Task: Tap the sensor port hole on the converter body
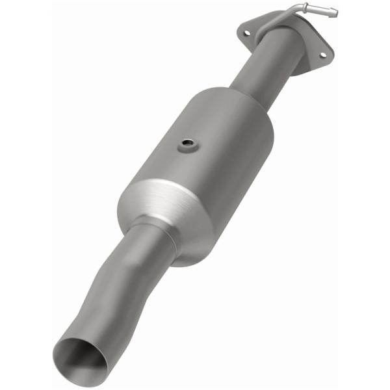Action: (187, 142)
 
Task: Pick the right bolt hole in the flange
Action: (321, 55)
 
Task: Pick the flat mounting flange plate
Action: (286, 39)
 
